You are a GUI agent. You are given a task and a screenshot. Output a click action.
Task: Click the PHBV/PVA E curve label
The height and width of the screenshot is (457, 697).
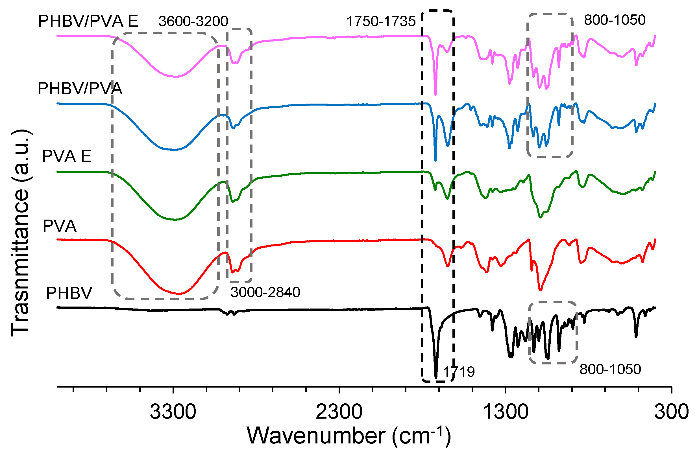point(88,21)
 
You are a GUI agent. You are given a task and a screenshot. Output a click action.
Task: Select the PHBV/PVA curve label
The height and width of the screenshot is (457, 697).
point(80,88)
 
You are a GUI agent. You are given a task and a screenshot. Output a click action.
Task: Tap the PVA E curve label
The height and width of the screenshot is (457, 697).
point(67,156)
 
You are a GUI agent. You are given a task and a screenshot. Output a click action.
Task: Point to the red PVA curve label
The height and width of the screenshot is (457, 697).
point(60,226)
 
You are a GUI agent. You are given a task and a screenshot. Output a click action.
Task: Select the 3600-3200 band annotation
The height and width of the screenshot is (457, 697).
point(193,21)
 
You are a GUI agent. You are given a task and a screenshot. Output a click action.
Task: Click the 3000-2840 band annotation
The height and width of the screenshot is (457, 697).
point(265,292)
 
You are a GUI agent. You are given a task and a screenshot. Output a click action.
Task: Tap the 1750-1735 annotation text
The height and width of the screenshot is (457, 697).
point(381,22)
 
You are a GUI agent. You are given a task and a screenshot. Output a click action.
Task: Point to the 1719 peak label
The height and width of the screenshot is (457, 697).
point(459,372)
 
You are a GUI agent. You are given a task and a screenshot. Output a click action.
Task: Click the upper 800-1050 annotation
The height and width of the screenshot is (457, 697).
point(615,20)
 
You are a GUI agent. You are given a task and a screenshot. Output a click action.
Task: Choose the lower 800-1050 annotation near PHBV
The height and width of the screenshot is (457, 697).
point(610,369)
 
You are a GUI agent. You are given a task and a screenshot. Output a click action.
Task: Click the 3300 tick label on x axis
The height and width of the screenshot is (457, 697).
point(173,412)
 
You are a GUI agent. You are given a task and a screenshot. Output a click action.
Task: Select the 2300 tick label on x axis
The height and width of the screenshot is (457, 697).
point(339,412)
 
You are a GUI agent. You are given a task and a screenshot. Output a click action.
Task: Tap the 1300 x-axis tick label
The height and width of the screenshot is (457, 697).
point(505,412)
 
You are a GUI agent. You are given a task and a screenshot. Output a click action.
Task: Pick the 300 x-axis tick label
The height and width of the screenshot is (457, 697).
point(671,412)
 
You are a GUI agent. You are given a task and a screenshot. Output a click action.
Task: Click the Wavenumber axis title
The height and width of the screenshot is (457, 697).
point(348,436)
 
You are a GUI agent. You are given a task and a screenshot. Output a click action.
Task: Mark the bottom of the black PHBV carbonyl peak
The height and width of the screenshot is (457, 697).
point(436,378)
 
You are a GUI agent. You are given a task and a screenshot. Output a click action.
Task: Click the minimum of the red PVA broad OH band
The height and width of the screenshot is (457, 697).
point(179,294)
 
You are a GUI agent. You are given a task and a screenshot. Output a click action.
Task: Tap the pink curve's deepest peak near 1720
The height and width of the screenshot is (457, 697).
point(435,95)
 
